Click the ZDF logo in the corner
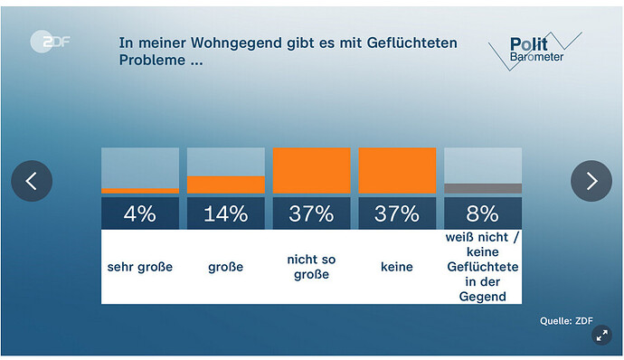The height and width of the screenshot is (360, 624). (x=51, y=42)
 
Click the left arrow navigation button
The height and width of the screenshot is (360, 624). (x=32, y=181)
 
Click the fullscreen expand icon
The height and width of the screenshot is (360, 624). (x=601, y=336)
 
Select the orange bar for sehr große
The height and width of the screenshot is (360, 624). (x=139, y=191)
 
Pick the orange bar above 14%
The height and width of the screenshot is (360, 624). (x=225, y=185)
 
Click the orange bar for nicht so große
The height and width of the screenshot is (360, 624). (x=311, y=171)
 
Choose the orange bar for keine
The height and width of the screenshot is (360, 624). (x=397, y=171)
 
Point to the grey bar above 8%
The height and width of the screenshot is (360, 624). (x=483, y=188)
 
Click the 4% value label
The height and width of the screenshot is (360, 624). (x=139, y=213)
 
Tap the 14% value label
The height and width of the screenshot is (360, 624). (x=225, y=213)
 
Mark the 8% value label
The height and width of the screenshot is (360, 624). (x=483, y=213)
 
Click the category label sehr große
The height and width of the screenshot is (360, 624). (x=139, y=267)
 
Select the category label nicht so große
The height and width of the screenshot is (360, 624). (x=311, y=267)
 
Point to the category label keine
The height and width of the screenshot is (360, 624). (x=397, y=267)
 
